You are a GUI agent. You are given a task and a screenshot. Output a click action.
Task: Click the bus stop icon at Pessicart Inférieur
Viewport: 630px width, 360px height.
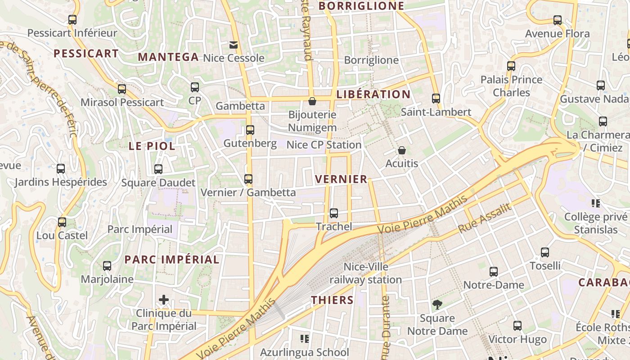pos(72,20)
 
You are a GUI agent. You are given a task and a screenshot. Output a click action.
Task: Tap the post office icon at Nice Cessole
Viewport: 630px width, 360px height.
pos(234,45)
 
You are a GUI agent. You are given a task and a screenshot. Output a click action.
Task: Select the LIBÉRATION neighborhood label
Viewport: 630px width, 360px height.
pos(373,94)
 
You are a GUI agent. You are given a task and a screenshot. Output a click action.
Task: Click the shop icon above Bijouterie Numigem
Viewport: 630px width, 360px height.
pos(312,101)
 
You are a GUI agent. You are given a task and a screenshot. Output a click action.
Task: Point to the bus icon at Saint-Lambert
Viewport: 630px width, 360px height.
pos(436,99)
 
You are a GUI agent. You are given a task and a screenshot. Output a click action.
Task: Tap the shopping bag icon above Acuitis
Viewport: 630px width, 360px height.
pos(401,150)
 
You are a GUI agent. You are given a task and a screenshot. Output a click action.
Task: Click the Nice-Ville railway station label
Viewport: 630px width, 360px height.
pos(365,273)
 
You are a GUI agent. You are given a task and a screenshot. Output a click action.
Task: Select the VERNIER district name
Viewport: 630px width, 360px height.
pos(341,179)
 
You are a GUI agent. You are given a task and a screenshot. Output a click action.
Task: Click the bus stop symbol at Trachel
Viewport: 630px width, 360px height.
pos(333,213)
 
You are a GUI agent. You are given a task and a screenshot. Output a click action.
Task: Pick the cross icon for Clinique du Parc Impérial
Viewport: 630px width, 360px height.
pos(164,300)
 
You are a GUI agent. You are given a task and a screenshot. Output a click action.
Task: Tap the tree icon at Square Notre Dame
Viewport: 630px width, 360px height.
pos(436,305)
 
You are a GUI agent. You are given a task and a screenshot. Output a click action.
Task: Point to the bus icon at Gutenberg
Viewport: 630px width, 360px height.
pos(250,130)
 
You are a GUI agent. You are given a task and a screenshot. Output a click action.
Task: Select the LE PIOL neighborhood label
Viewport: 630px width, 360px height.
pos(152,146)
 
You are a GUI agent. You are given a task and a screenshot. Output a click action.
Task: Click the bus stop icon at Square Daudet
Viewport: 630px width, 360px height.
pos(158,169)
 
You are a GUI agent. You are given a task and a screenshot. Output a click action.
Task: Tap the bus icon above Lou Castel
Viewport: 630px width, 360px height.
pos(62,222)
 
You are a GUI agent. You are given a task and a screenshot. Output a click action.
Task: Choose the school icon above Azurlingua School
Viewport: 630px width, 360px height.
pos(305,338)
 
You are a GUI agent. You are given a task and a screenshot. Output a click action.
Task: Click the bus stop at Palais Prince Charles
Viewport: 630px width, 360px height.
pos(511,66)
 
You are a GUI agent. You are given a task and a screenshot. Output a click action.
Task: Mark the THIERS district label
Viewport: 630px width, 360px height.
pos(332,300)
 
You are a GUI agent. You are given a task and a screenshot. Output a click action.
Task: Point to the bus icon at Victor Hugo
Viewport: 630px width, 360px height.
pos(517,326)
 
